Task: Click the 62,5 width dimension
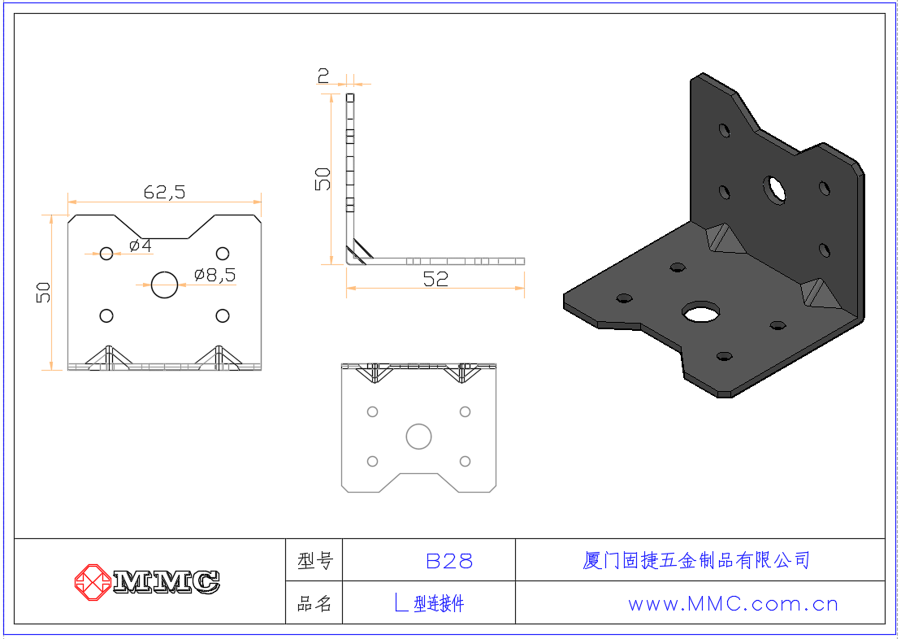click(x=164, y=192)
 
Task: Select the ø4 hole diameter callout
click(x=141, y=246)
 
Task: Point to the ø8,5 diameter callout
click(x=215, y=275)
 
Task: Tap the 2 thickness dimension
click(x=323, y=76)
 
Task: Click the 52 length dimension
click(x=435, y=279)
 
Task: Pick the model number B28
click(x=449, y=561)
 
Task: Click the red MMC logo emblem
click(x=93, y=582)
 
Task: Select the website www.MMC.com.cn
click(x=733, y=604)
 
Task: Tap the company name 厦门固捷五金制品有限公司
click(x=696, y=560)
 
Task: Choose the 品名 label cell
click(x=315, y=603)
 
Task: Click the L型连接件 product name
click(x=429, y=603)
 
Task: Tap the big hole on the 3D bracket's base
click(x=700, y=311)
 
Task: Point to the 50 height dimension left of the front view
click(x=43, y=292)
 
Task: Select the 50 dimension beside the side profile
click(x=323, y=179)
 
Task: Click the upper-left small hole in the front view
click(x=106, y=253)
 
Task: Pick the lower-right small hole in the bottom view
click(x=466, y=461)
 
